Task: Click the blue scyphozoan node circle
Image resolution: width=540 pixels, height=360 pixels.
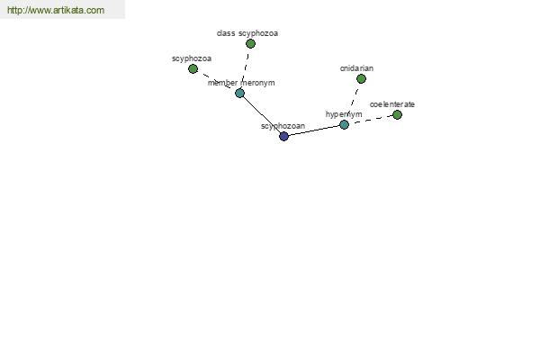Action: (x=283, y=137)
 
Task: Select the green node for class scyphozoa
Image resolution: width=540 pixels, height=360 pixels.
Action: (x=251, y=44)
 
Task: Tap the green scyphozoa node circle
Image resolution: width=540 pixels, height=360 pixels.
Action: (x=193, y=69)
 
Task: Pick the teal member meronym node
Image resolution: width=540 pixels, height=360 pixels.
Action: (x=239, y=93)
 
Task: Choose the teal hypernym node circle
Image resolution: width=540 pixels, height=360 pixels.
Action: (x=344, y=125)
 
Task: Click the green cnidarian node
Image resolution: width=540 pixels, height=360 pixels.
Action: (x=361, y=79)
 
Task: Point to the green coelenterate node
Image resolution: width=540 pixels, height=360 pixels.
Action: (x=397, y=114)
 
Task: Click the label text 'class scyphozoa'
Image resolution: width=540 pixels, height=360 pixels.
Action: (x=247, y=33)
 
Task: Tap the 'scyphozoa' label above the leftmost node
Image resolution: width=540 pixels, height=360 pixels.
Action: (x=192, y=58)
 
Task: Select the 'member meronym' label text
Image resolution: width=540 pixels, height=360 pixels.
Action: (x=241, y=83)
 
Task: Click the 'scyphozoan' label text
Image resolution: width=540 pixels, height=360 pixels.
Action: (x=283, y=126)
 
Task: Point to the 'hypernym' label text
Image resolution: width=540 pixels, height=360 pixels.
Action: (x=344, y=114)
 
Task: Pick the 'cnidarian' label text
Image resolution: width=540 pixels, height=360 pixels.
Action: (x=356, y=68)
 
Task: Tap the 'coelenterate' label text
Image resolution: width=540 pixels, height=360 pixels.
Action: (x=391, y=104)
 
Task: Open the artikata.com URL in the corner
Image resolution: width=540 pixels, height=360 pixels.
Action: (x=56, y=10)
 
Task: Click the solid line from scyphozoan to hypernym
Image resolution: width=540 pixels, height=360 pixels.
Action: (x=314, y=130)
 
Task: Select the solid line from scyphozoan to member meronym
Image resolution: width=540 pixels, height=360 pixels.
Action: (x=262, y=114)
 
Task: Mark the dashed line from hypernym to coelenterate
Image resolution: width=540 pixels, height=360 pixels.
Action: (x=371, y=120)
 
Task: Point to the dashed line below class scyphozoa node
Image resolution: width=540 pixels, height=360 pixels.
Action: (x=245, y=68)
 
